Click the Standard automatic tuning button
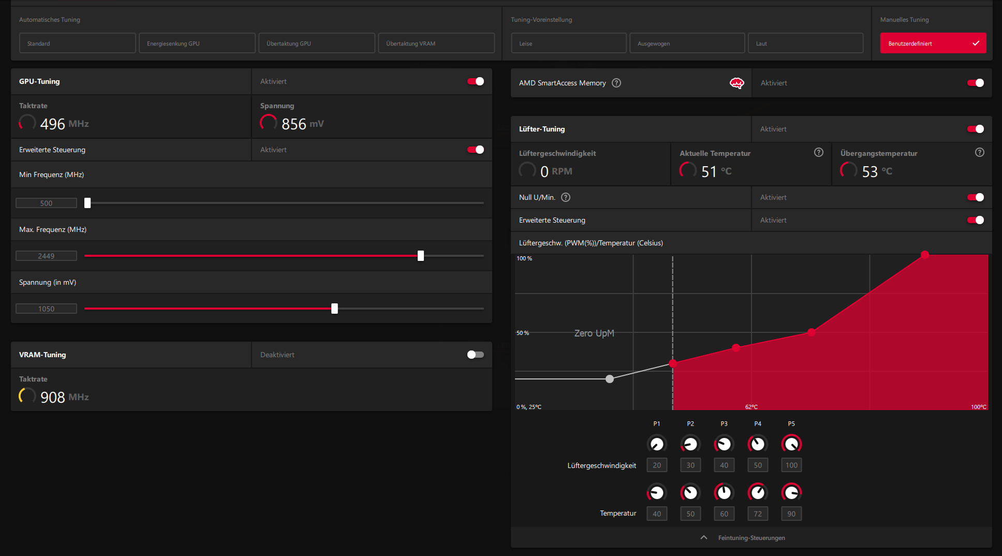77,43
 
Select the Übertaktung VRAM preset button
436,43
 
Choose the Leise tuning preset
568,43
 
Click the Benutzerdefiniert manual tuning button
933,43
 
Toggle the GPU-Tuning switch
476,81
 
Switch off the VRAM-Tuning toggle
475,355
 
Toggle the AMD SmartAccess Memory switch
975,83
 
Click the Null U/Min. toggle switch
975,197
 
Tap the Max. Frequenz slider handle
421,256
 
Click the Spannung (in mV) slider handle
334,309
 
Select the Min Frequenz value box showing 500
46,203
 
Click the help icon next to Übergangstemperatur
979,152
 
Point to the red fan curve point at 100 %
925,254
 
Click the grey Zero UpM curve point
610,379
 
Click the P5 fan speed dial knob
791,444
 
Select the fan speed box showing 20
657,465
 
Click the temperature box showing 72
758,514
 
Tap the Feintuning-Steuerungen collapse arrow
704,537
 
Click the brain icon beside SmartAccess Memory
736,83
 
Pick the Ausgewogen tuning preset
687,43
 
